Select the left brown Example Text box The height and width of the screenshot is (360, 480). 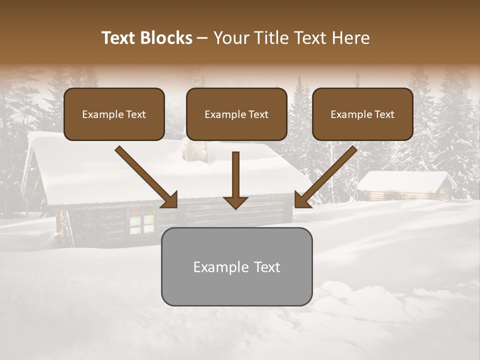click(114, 114)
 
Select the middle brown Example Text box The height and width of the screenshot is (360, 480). click(236, 114)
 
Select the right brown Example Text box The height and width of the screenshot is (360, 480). click(362, 114)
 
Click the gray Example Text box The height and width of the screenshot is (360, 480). click(236, 266)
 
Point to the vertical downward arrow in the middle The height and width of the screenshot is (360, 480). click(235, 177)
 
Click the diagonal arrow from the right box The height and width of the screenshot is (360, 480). click(327, 175)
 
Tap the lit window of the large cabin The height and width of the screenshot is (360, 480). click(142, 220)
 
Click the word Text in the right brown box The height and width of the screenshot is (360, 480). click(384, 114)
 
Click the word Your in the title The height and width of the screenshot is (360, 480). click(229, 38)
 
